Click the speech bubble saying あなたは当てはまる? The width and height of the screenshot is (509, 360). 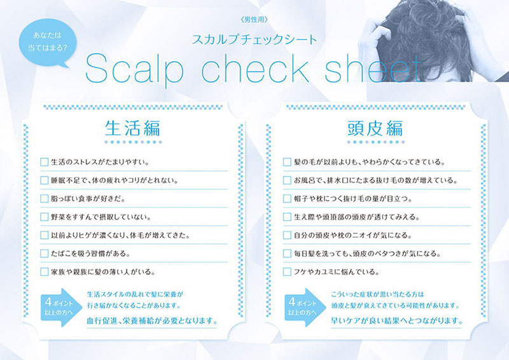click(x=47, y=42)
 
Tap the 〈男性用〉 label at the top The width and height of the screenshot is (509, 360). click(x=254, y=20)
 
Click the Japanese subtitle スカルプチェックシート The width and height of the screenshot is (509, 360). click(x=254, y=39)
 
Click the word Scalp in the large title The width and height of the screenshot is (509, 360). click(x=134, y=69)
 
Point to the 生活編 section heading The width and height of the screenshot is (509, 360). click(x=132, y=128)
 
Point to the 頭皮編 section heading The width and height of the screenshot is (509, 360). click(x=375, y=128)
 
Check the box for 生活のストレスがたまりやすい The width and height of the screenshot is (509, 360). click(x=44, y=162)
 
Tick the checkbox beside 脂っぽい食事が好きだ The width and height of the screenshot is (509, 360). click(x=44, y=198)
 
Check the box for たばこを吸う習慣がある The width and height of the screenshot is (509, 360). click(x=44, y=253)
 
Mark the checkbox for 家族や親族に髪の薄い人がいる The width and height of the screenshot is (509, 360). click(x=44, y=272)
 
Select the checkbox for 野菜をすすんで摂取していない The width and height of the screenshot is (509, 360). click(x=44, y=216)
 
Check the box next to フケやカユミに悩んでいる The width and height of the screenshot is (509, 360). click(x=287, y=272)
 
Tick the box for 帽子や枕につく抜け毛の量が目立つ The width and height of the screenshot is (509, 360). click(x=287, y=198)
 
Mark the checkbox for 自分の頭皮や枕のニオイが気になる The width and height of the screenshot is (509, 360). click(x=287, y=235)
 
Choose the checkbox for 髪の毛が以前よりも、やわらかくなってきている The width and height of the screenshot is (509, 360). click(x=287, y=162)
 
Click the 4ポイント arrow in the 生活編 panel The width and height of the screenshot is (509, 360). click(x=61, y=307)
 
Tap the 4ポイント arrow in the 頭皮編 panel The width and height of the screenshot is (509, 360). click(x=305, y=307)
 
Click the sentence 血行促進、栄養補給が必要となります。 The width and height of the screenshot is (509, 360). click(x=152, y=321)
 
